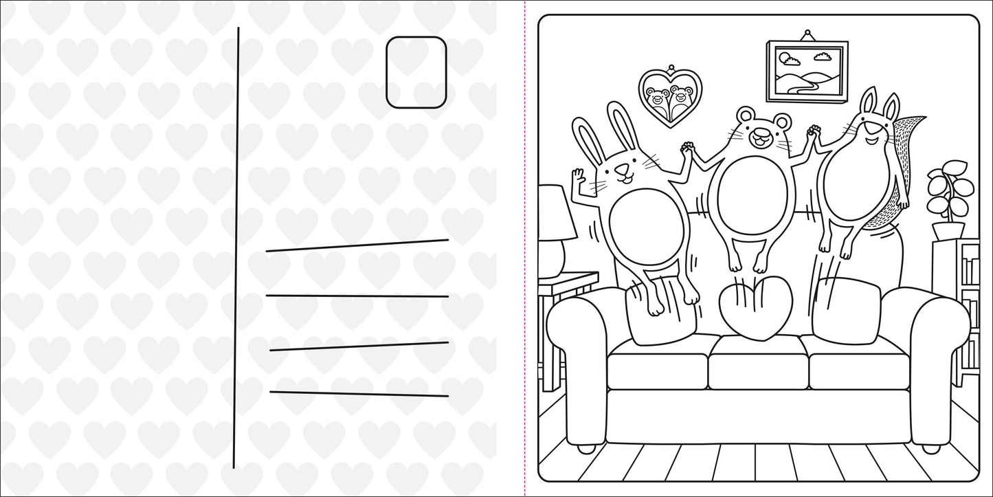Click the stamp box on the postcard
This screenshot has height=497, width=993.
[x=416, y=72]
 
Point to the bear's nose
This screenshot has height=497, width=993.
[x=759, y=136]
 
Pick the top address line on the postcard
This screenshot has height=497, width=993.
[x=357, y=245]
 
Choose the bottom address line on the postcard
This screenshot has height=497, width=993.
[x=359, y=394]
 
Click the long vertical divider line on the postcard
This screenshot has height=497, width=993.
[x=236, y=247]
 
